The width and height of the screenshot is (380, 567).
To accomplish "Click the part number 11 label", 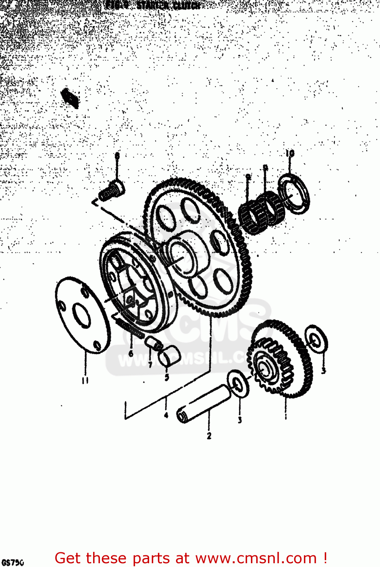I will coord(85,380).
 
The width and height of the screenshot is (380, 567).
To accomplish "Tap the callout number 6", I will coord(131,353).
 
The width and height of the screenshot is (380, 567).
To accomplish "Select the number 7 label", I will coord(150,365).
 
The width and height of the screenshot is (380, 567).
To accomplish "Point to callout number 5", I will coord(167,377).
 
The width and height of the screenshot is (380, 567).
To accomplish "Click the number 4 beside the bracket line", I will coord(166,415).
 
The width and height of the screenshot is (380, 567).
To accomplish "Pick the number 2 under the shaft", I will coord(209,436).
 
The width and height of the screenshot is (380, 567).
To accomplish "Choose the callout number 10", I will coord(290,153).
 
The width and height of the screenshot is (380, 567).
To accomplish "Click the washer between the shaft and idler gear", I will coord(238,384).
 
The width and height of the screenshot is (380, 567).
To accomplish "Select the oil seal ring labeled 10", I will coord(294,194).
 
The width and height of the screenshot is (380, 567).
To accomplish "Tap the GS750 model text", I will coord(12,562).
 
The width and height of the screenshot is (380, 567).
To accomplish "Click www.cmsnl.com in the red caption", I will coord(256,558).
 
